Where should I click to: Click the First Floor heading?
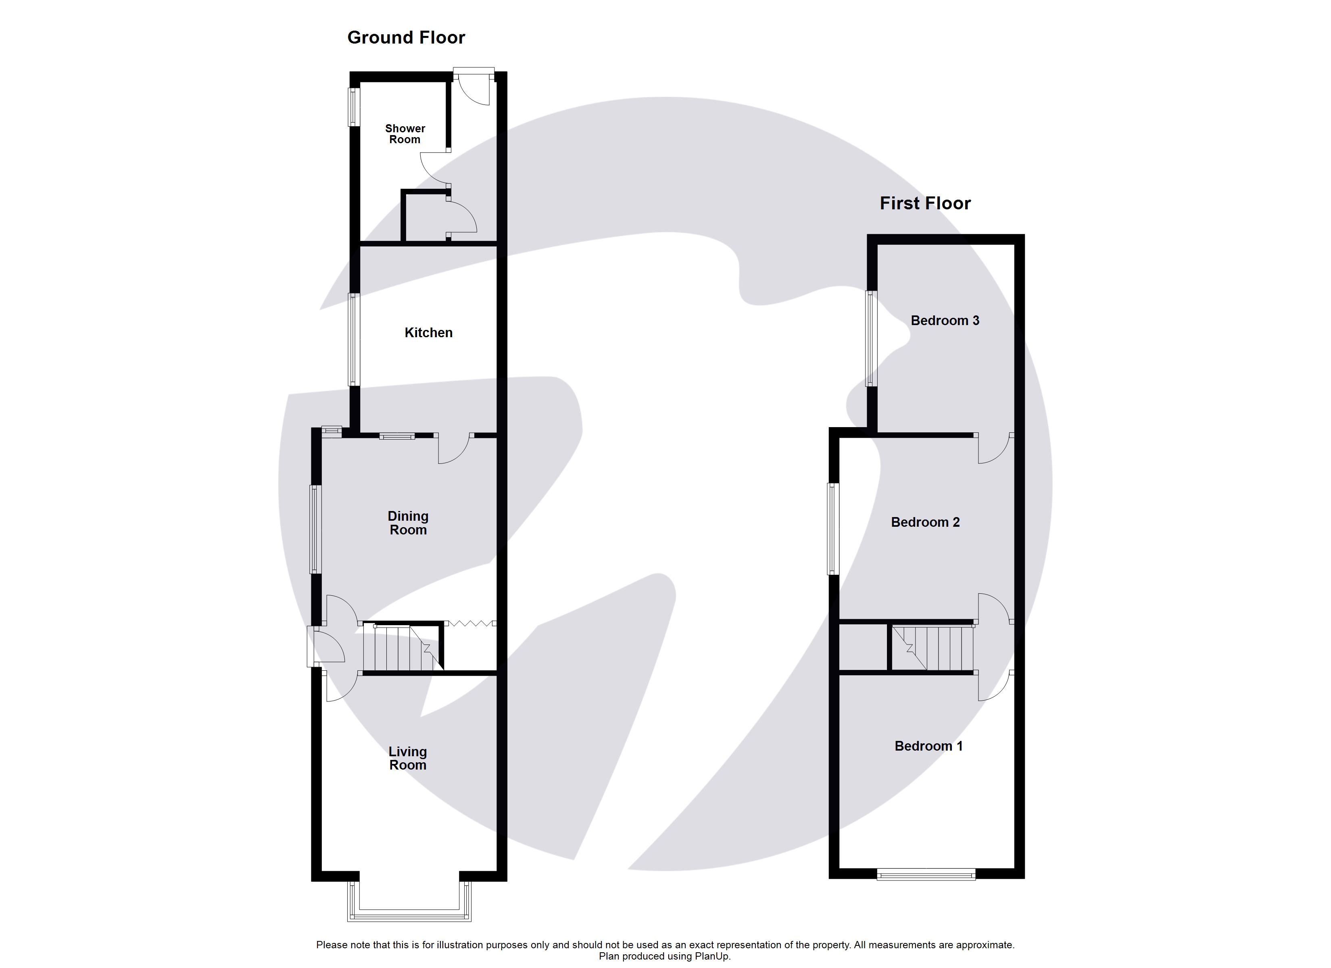pyautogui.click(x=924, y=203)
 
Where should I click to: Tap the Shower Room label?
pyautogui.click(x=405, y=134)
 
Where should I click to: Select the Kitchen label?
pyautogui.click(x=428, y=333)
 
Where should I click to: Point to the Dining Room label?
pyautogui.click(x=408, y=523)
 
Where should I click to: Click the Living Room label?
pyautogui.click(x=407, y=758)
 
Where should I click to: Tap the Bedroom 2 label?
pyautogui.click(x=925, y=522)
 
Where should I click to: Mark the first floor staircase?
pyautogui.click(x=933, y=648)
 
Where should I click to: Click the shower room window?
pyautogui.click(x=353, y=107)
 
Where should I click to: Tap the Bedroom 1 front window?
pyautogui.click(x=926, y=875)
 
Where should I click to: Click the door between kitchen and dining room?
pyautogui.click(x=454, y=449)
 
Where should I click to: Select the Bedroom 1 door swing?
pyautogui.click(x=993, y=686)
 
